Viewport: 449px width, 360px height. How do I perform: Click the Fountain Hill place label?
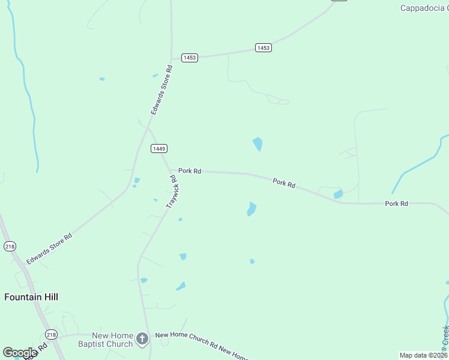pyautogui.click(x=31, y=296)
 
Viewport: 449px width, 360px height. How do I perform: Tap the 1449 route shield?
pyautogui.click(x=159, y=148)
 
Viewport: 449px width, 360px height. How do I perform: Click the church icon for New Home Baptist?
pyautogui.click(x=142, y=340)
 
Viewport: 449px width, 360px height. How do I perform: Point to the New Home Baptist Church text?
pyautogui.click(x=105, y=340)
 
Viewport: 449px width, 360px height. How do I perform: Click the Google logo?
pyautogui.click(x=20, y=353)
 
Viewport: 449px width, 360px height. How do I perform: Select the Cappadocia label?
pyautogui.click(x=424, y=8)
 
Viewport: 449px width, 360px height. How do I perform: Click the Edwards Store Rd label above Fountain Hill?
pyautogui.click(x=49, y=249)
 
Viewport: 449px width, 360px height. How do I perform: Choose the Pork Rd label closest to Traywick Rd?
pyautogui.click(x=189, y=171)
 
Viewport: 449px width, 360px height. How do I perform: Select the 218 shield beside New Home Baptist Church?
pyautogui.click(x=51, y=334)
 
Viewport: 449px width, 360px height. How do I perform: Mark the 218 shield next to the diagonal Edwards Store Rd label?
pyautogui.click(x=9, y=246)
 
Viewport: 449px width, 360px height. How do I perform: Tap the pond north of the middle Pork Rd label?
pyautogui.click(x=258, y=144)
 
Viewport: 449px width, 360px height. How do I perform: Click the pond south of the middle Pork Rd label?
pyautogui.click(x=252, y=209)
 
